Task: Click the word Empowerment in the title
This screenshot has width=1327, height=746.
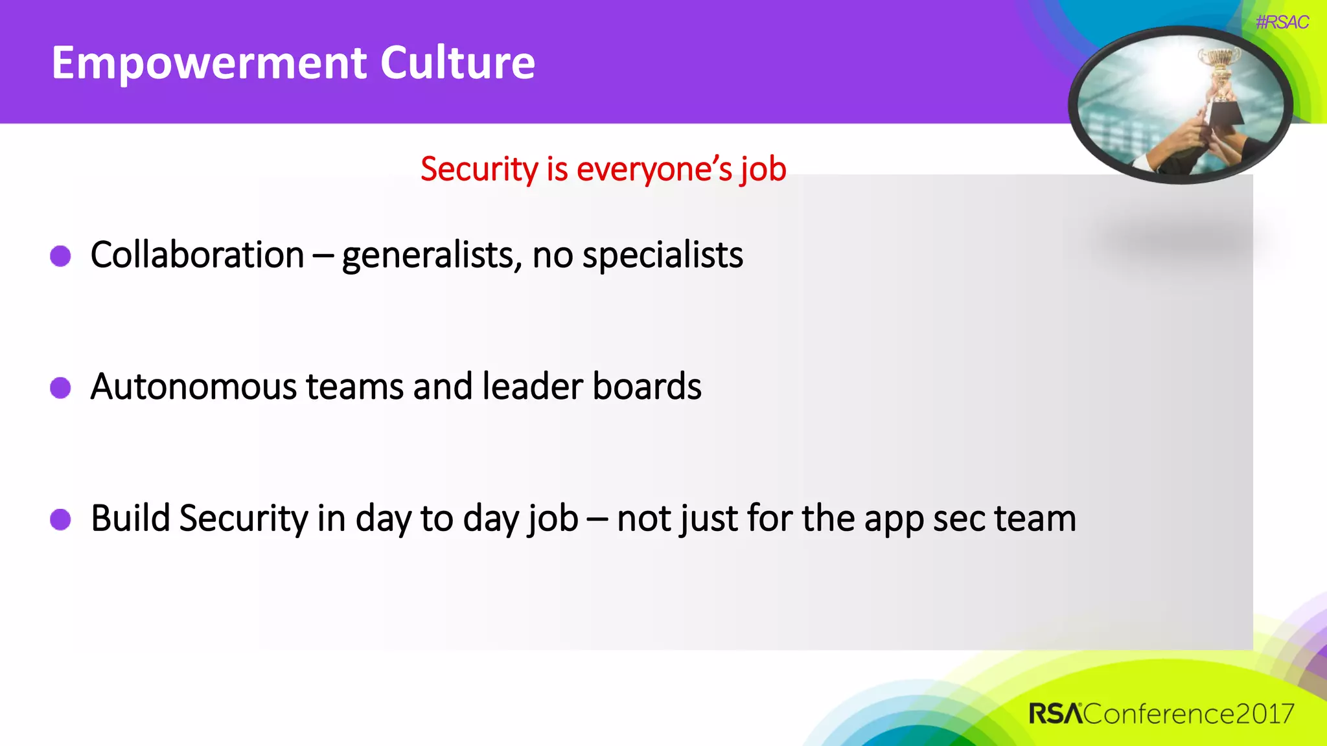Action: [211, 63]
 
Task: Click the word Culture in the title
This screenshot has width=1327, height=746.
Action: [457, 63]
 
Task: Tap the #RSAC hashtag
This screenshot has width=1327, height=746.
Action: [1282, 23]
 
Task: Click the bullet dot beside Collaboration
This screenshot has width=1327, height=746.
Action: [60, 256]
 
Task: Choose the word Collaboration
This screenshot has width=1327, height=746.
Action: [197, 254]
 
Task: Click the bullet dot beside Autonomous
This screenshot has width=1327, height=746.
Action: [60, 388]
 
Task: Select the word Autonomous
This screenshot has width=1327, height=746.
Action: [194, 387]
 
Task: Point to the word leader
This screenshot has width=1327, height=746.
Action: [533, 387]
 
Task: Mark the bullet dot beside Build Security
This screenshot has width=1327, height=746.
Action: [60, 519]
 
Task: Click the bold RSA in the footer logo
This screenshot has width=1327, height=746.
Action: [1055, 714]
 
